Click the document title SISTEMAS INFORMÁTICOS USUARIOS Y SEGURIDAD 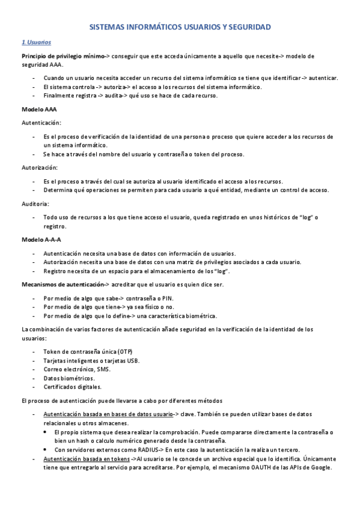tap(180, 27)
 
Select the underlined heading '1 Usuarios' tap(36, 43)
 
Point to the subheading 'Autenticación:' tap(40, 123)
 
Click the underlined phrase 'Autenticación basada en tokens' tap(86, 458)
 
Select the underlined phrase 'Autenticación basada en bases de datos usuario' tap(108, 414)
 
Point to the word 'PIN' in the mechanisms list tap(169, 298)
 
